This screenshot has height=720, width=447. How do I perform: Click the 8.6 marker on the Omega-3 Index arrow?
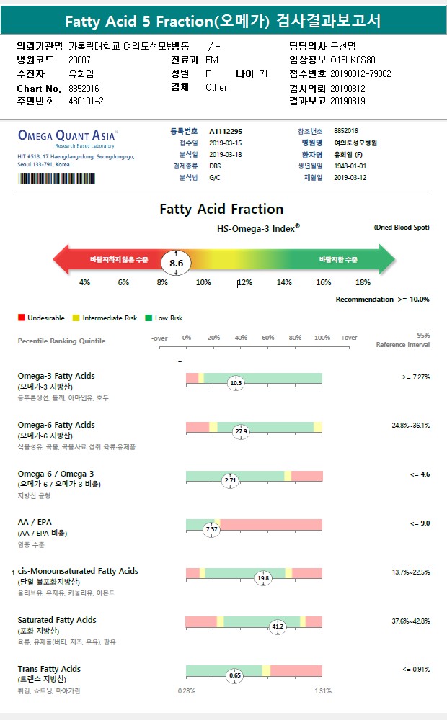pos(176,263)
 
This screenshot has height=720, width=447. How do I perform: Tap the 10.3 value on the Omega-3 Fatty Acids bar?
pos(236,383)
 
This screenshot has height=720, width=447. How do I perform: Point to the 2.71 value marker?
pos(231,480)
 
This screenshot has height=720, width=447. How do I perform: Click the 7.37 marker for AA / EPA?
pos(212,528)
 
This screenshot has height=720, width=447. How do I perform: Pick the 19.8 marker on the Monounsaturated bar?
pos(263,577)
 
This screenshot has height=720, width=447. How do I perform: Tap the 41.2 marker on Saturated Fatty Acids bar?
pos(278,626)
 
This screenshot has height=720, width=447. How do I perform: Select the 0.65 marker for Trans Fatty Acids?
pos(235,675)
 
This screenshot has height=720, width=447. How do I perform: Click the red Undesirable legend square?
pos(22,318)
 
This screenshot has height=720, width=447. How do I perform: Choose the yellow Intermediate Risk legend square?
pos(76,318)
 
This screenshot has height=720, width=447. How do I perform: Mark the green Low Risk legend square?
pos(148,318)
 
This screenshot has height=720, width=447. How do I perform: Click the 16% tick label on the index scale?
pos(323,282)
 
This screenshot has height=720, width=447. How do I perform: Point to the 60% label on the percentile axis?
pos(267,338)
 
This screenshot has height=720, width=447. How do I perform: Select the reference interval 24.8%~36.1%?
pos(410,426)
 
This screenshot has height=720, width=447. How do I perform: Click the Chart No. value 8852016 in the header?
pos(84,88)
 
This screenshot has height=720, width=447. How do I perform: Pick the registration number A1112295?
pos(226,132)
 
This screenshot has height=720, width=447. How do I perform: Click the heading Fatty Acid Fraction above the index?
pos(221,210)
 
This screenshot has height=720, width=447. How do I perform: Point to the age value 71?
pos(264,73)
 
